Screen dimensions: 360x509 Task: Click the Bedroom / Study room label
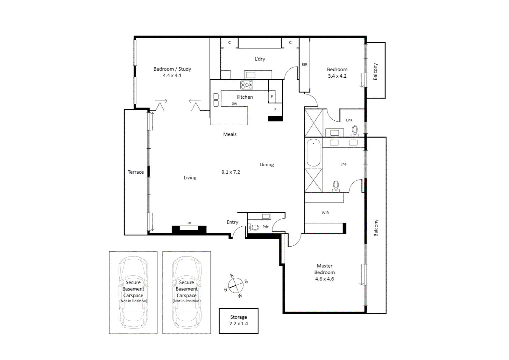coord(172,69)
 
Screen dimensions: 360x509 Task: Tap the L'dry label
coord(260,59)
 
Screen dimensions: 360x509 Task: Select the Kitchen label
coord(245,97)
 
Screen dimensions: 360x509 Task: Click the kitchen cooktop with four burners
coord(247,85)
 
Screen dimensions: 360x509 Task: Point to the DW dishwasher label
coord(235,104)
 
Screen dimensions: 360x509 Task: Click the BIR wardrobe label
coord(304,65)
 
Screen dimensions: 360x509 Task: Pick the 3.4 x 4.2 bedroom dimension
coord(337,76)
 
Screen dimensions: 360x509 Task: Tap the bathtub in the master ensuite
coord(313,153)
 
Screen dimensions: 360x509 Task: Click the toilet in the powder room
coord(254,228)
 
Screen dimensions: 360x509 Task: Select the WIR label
coord(325,213)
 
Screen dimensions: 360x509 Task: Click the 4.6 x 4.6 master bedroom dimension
coord(324,279)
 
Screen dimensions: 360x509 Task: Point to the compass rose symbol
coord(236,286)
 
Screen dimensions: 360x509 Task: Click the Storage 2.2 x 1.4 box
coord(239,321)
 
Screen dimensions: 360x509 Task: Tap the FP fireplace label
coord(189,223)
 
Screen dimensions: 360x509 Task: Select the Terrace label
coord(136,172)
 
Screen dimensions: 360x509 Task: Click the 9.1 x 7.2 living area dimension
coord(231,172)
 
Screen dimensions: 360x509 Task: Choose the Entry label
coord(232,222)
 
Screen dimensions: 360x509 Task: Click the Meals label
coord(230,134)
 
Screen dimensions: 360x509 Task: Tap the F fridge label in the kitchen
coord(275,110)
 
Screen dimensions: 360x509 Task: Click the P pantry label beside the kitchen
coord(272,97)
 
